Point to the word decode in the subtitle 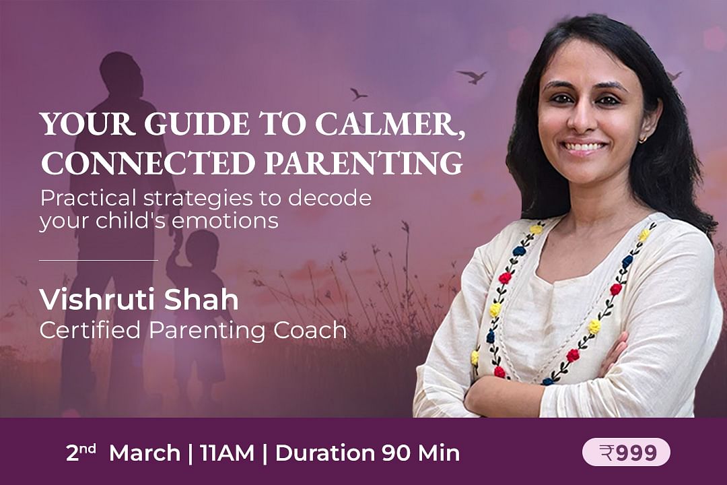click(330, 198)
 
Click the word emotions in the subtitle click(225, 220)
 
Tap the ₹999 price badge click(627, 452)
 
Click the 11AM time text click(228, 453)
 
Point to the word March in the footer click(145, 453)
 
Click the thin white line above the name click(98, 261)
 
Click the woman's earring click(642, 139)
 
